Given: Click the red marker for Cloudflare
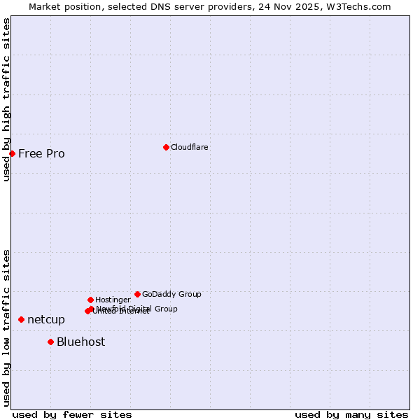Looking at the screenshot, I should coord(166,147).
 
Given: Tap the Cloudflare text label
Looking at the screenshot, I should coord(189,147).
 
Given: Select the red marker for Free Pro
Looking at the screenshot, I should coord(13,153).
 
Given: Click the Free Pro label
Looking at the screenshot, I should coord(41,154).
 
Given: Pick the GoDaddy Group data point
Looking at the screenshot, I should coord(137,294).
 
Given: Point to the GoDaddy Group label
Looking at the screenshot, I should coord(171,294).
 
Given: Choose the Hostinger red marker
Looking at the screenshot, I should coord(90,300).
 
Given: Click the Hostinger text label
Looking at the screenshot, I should coord(113,300).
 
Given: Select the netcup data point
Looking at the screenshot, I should coord(21,319).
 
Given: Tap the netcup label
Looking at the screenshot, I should coord(46,320).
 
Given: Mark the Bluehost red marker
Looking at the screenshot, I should coord(50,342).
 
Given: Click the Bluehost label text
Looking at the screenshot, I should coord(81,342).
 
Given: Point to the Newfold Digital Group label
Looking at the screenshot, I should coord(137,309).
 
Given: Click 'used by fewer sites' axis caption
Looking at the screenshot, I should coord(72,414).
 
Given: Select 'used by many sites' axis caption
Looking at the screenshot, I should coord(351,414).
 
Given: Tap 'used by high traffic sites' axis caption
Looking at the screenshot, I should coord(6,99).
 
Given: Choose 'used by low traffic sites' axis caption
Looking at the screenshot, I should coord(6,327).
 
